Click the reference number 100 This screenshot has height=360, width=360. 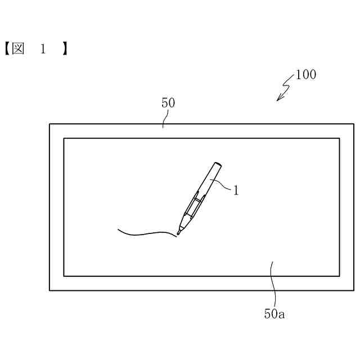point(305,75)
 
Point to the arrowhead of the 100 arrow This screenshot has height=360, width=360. point(278,100)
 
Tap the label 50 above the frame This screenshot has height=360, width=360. point(168,103)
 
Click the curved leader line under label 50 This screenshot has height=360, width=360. point(165,118)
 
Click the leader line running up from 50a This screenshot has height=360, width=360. point(274,284)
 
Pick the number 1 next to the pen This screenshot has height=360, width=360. point(236,191)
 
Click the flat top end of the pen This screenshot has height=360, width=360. point(218,164)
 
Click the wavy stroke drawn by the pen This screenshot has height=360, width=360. point(146,233)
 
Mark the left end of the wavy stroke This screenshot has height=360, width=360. point(118,229)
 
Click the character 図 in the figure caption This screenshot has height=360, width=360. point(18,49)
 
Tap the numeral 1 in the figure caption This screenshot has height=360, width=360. point(42,49)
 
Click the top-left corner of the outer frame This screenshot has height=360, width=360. point(49,124)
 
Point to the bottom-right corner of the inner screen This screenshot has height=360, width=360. point(339,276)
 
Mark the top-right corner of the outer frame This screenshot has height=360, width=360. point(354,124)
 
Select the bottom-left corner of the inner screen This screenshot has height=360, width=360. point(64,276)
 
